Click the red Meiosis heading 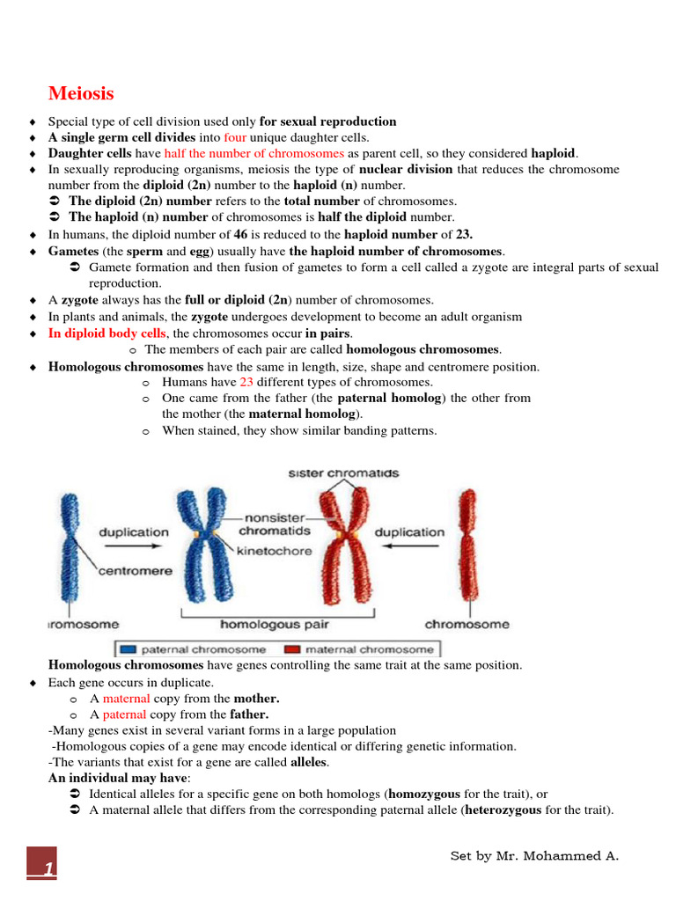(x=80, y=93)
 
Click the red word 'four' (x=235, y=137)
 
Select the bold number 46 (x=239, y=235)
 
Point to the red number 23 (x=247, y=382)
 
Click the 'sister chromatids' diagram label (x=343, y=472)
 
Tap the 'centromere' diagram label (x=135, y=571)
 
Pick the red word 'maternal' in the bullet (x=127, y=699)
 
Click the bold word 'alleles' (x=308, y=762)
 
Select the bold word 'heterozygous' (x=503, y=810)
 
